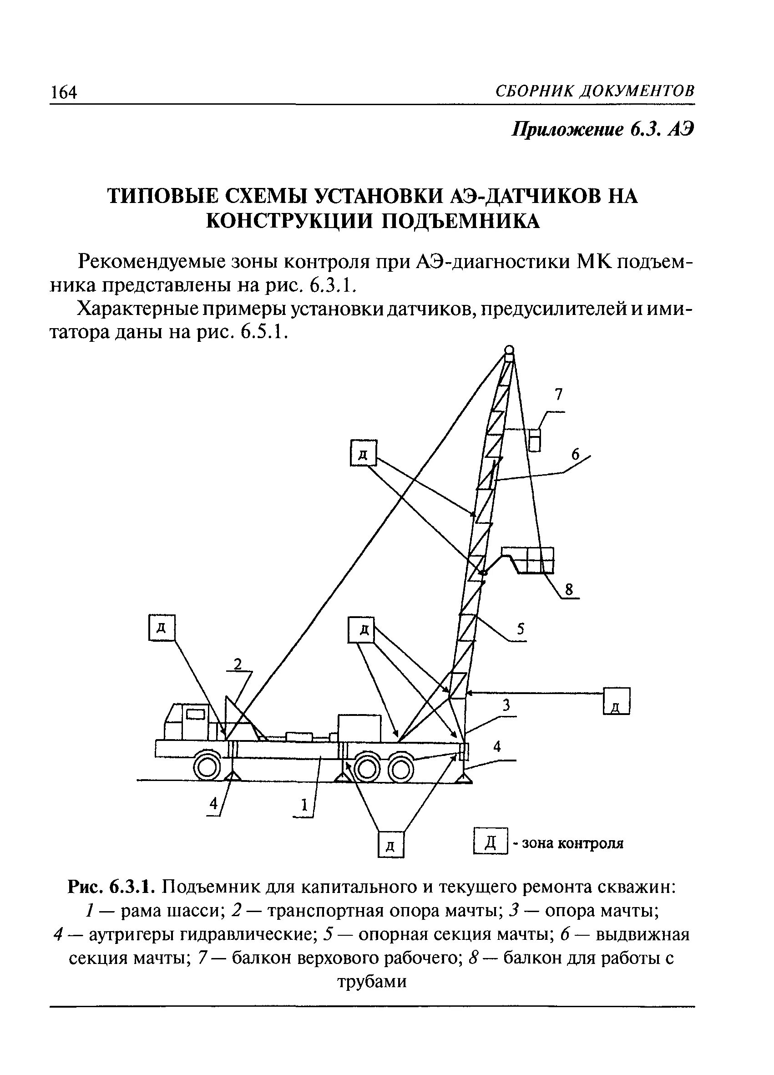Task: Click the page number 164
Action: tap(64, 92)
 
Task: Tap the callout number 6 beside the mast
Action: tap(575, 455)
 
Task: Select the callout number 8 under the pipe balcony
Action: tap(569, 590)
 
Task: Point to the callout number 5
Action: tap(521, 629)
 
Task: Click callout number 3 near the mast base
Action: tap(506, 705)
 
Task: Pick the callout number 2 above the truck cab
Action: tap(238, 664)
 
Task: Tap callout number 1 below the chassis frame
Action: tap(304, 804)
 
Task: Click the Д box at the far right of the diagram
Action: tap(617, 700)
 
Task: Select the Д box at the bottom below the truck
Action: tap(391, 845)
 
